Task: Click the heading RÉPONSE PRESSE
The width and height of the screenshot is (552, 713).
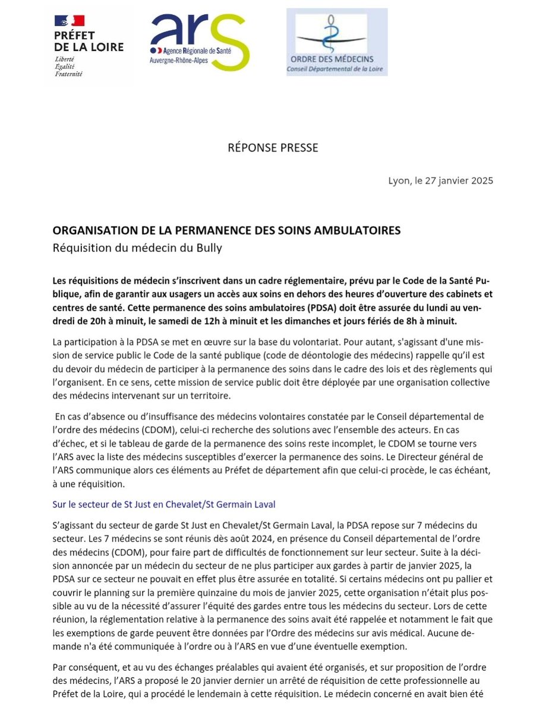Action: coord(273,147)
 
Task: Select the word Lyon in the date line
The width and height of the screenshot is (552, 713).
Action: coord(399,181)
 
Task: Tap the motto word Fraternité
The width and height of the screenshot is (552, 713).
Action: coord(68,74)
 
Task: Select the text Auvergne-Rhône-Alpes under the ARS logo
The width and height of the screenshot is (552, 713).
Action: coord(175,61)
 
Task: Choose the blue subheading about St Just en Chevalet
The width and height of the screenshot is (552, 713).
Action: coord(163,504)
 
